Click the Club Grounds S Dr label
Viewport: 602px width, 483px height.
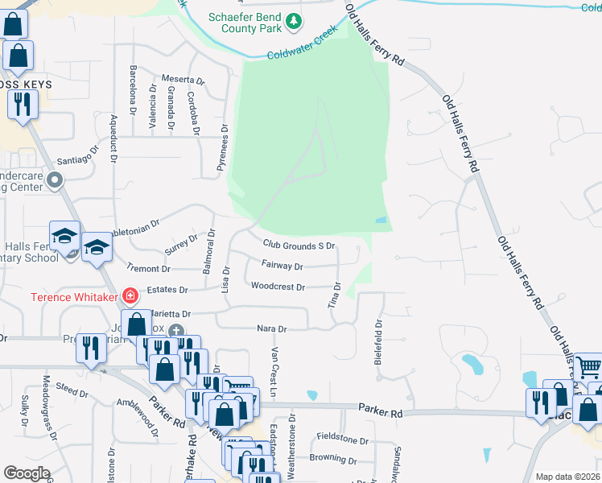[299, 245]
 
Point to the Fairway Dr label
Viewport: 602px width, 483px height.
[282, 266]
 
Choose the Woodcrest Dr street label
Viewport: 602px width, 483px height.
[278, 287]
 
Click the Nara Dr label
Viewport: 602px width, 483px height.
[272, 329]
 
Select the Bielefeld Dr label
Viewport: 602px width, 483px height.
[377, 342]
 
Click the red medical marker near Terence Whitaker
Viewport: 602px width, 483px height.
[129, 296]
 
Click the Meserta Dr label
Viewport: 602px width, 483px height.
[183, 80]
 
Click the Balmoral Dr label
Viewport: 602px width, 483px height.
[209, 252]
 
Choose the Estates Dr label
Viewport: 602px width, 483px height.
[171, 290]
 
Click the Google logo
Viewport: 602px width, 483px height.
[27, 473]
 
